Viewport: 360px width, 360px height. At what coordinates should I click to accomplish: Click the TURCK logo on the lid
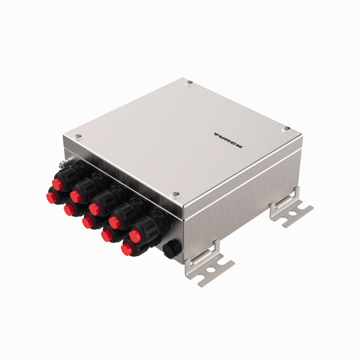click(229, 140)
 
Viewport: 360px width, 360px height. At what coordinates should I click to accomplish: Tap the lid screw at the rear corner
click(190, 82)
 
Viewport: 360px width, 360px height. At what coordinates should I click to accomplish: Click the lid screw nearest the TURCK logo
click(286, 128)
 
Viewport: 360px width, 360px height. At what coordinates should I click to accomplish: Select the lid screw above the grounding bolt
click(78, 136)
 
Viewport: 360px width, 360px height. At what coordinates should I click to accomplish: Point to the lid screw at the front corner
click(175, 194)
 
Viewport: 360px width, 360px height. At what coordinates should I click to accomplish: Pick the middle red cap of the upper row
click(94, 208)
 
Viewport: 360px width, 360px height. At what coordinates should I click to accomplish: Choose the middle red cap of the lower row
click(88, 222)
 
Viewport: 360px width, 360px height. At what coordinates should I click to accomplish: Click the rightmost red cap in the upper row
click(135, 236)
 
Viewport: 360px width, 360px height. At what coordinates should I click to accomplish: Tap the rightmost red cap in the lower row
click(127, 249)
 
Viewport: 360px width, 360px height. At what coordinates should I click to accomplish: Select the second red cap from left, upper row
click(75, 196)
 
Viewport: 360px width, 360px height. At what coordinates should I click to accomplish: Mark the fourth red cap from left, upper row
click(114, 222)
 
